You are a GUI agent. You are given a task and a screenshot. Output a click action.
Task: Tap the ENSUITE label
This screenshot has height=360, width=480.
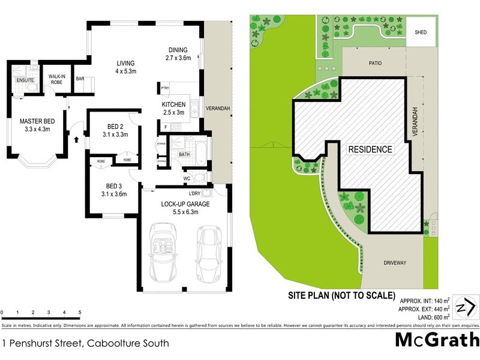[x=25, y=80]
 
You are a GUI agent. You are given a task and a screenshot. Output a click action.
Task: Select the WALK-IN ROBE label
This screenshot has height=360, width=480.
[x=57, y=79]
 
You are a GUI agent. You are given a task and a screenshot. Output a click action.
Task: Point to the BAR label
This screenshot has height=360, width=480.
[x=80, y=79]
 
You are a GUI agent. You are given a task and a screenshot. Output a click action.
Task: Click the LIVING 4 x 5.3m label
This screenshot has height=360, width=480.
[x=125, y=67]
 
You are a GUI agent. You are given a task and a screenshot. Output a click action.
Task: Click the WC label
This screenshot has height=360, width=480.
[x=187, y=178]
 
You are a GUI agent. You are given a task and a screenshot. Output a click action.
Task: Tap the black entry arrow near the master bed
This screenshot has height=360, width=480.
[x=77, y=139]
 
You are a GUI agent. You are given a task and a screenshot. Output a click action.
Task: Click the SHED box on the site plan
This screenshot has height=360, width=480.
[x=421, y=32]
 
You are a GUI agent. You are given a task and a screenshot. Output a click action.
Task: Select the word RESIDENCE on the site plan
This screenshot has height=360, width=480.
[x=371, y=149]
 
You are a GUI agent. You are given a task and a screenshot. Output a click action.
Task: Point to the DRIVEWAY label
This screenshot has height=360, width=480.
[x=395, y=263]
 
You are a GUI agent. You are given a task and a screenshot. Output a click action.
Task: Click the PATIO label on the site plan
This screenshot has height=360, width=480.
[x=376, y=62]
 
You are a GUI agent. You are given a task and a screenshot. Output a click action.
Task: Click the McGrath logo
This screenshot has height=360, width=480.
[x=436, y=340]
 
